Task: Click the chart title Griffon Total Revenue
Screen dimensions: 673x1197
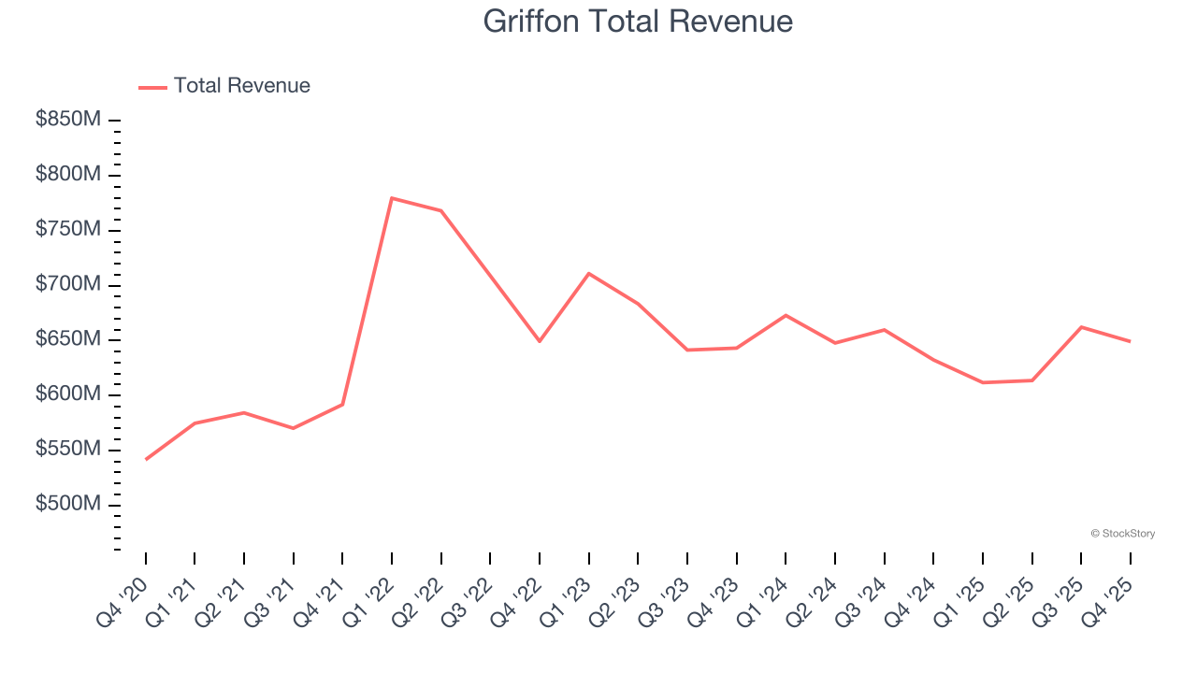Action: [x=638, y=21]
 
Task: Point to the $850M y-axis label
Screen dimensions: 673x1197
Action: [x=68, y=121]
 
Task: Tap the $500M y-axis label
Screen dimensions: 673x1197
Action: [x=68, y=505]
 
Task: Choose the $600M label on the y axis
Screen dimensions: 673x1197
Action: [x=68, y=394]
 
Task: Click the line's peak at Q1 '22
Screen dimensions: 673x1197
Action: [x=392, y=198]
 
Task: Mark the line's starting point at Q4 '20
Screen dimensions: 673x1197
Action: [x=146, y=459]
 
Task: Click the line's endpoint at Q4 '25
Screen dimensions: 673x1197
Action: [x=1130, y=341]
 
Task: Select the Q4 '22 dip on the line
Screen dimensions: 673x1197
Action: [x=540, y=341]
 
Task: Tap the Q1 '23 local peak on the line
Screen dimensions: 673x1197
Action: [x=588, y=273]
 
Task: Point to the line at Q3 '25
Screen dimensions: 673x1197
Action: [x=1081, y=327]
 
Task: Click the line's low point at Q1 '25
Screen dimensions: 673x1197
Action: [x=983, y=382]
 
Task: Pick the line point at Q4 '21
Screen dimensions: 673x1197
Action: [x=342, y=404]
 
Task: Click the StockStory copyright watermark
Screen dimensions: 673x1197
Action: [x=1122, y=534]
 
